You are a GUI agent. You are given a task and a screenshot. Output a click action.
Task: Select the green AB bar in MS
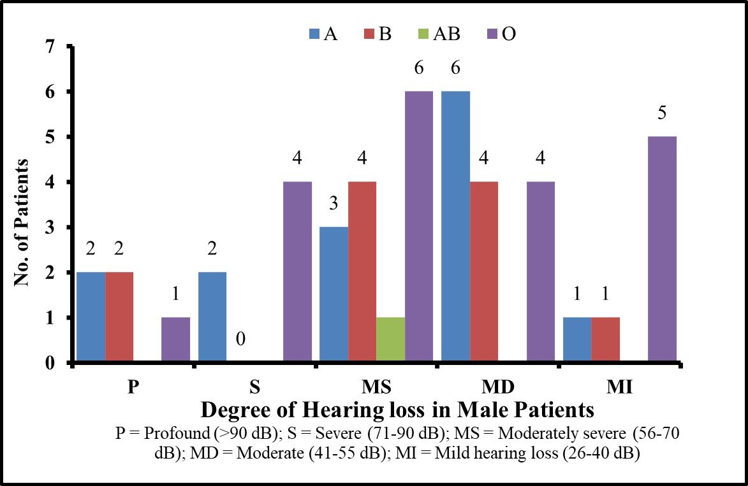tap(390, 340)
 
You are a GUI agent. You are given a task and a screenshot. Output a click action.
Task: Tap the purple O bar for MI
tap(662, 250)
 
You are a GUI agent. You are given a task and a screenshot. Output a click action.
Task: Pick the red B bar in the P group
tap(119, 317)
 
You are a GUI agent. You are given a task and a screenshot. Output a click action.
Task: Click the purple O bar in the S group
tap(298, 272)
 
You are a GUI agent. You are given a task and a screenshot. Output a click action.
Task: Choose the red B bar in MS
tap(362, 272)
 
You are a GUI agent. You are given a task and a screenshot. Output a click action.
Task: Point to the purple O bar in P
tap(175, 340)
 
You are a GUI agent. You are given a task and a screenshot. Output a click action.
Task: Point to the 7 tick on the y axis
tap(50, 46)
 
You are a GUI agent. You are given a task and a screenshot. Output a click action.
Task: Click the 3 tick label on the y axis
tap(50, 227)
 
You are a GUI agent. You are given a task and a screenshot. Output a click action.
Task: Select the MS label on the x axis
tap(376, 387)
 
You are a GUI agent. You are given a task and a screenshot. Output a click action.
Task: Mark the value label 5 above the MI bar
tap(662, 113)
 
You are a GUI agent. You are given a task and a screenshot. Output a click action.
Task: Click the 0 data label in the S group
tap(240, 339)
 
